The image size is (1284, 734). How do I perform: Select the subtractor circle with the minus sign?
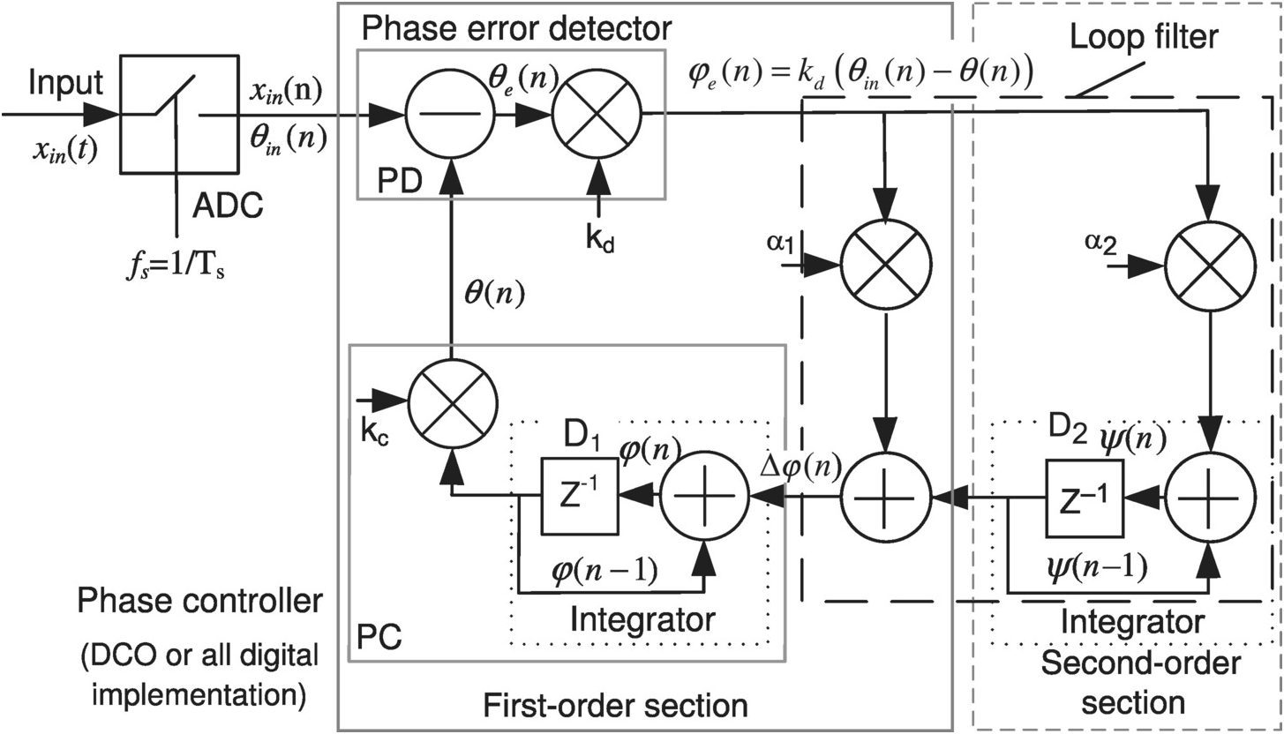[449, 114]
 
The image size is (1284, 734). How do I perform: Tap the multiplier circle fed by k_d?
[597, 114]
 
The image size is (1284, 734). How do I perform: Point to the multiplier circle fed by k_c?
[452, 405]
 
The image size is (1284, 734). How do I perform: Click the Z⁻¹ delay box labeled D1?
[579, 497]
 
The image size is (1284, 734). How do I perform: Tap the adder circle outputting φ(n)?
[703, 497]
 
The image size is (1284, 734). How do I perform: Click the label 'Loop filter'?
[1143, 37]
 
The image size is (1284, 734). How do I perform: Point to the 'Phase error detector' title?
[516, 28]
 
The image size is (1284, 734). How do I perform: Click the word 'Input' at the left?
[65, 83]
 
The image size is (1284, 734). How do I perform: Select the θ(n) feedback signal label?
[494, 293]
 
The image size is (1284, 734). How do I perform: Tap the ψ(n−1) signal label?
[1093, 568]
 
